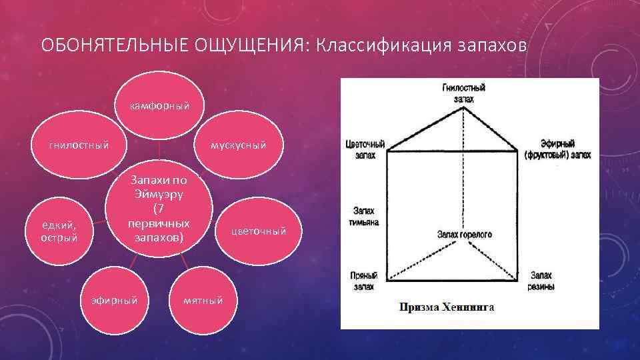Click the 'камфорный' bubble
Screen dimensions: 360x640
point(159,105)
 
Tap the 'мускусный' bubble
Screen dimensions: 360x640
point(238,145)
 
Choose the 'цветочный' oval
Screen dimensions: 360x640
point(258,231)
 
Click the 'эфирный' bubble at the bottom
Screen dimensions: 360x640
point(114,300)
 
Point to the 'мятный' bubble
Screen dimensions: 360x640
point(204,300)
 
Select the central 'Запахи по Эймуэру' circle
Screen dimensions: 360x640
point(160,208)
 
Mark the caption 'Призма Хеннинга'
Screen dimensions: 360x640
point(446,307)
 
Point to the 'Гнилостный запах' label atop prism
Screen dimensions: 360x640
point(463,92)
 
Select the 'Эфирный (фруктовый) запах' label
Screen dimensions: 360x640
point(557,149)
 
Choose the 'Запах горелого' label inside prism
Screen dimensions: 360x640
point(464,235)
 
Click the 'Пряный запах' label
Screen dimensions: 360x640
point(363,280)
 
